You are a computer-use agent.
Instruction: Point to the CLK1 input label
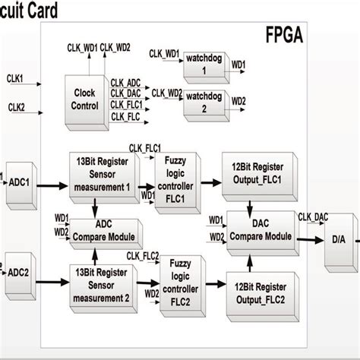(x=15, y=77)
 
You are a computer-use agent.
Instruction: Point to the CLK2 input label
(x=15, y=108)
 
